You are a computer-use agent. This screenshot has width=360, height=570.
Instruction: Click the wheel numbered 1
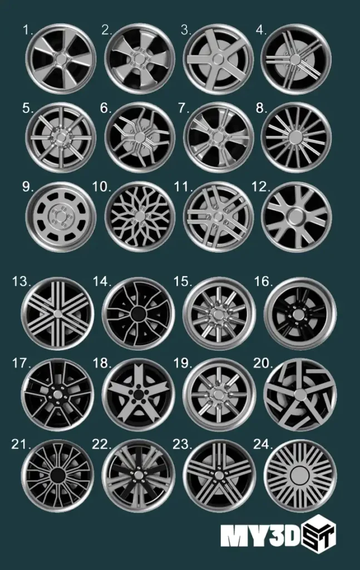61,58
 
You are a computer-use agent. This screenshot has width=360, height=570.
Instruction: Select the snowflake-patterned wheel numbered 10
140,217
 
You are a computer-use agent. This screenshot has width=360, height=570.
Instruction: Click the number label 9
28,187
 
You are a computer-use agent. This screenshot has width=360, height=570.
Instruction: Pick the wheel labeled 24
301,476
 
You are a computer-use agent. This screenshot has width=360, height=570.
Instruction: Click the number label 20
262,363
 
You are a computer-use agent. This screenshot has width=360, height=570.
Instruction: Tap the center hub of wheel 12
297,215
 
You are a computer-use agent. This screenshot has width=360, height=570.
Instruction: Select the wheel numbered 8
296,137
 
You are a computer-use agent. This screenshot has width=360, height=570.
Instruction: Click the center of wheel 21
57,475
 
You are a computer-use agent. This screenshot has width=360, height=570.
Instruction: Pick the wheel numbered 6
139,137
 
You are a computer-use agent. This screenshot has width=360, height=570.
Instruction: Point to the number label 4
260,30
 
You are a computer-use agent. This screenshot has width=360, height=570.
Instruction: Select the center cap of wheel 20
301,394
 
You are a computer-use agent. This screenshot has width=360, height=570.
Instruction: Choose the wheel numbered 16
300,313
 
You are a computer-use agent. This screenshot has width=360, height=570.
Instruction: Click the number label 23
183,444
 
